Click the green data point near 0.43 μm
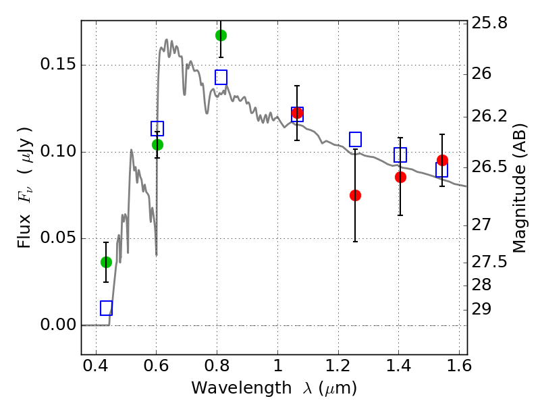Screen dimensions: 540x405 (x=106, y=263)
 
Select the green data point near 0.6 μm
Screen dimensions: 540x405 (x=157, y=144)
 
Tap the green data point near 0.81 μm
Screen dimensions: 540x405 (x=221, y=35)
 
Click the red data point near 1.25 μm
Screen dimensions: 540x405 (x=355, y=195)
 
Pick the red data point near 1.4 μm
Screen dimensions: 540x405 (x=400, y=177)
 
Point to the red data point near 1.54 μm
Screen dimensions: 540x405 (x=442, y=160)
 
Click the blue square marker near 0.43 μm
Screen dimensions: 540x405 (x=106, y=308)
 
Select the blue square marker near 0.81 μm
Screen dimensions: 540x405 (x=221, y=77)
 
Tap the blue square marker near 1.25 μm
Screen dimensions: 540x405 (x=355, y=139)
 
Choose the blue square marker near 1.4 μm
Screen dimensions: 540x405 (x=400, y=155)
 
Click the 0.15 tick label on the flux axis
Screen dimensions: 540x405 (x=58, y=64)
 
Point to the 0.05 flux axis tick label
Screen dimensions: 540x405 (x=58, y=238)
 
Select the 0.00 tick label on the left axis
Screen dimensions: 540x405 (x=58, y=325)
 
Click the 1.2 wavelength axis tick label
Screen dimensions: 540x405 (x=338, y=366)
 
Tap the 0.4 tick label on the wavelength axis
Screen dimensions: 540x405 (x=96, y=366)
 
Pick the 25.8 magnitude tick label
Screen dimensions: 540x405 (x=489, y=24)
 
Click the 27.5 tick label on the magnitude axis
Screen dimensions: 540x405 (x=489, y=263)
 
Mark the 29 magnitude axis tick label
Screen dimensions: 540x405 (x=481, y=309)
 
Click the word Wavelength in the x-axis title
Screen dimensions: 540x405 (x=242, y=389)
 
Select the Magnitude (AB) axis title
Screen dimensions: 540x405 (x=519, y=188)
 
